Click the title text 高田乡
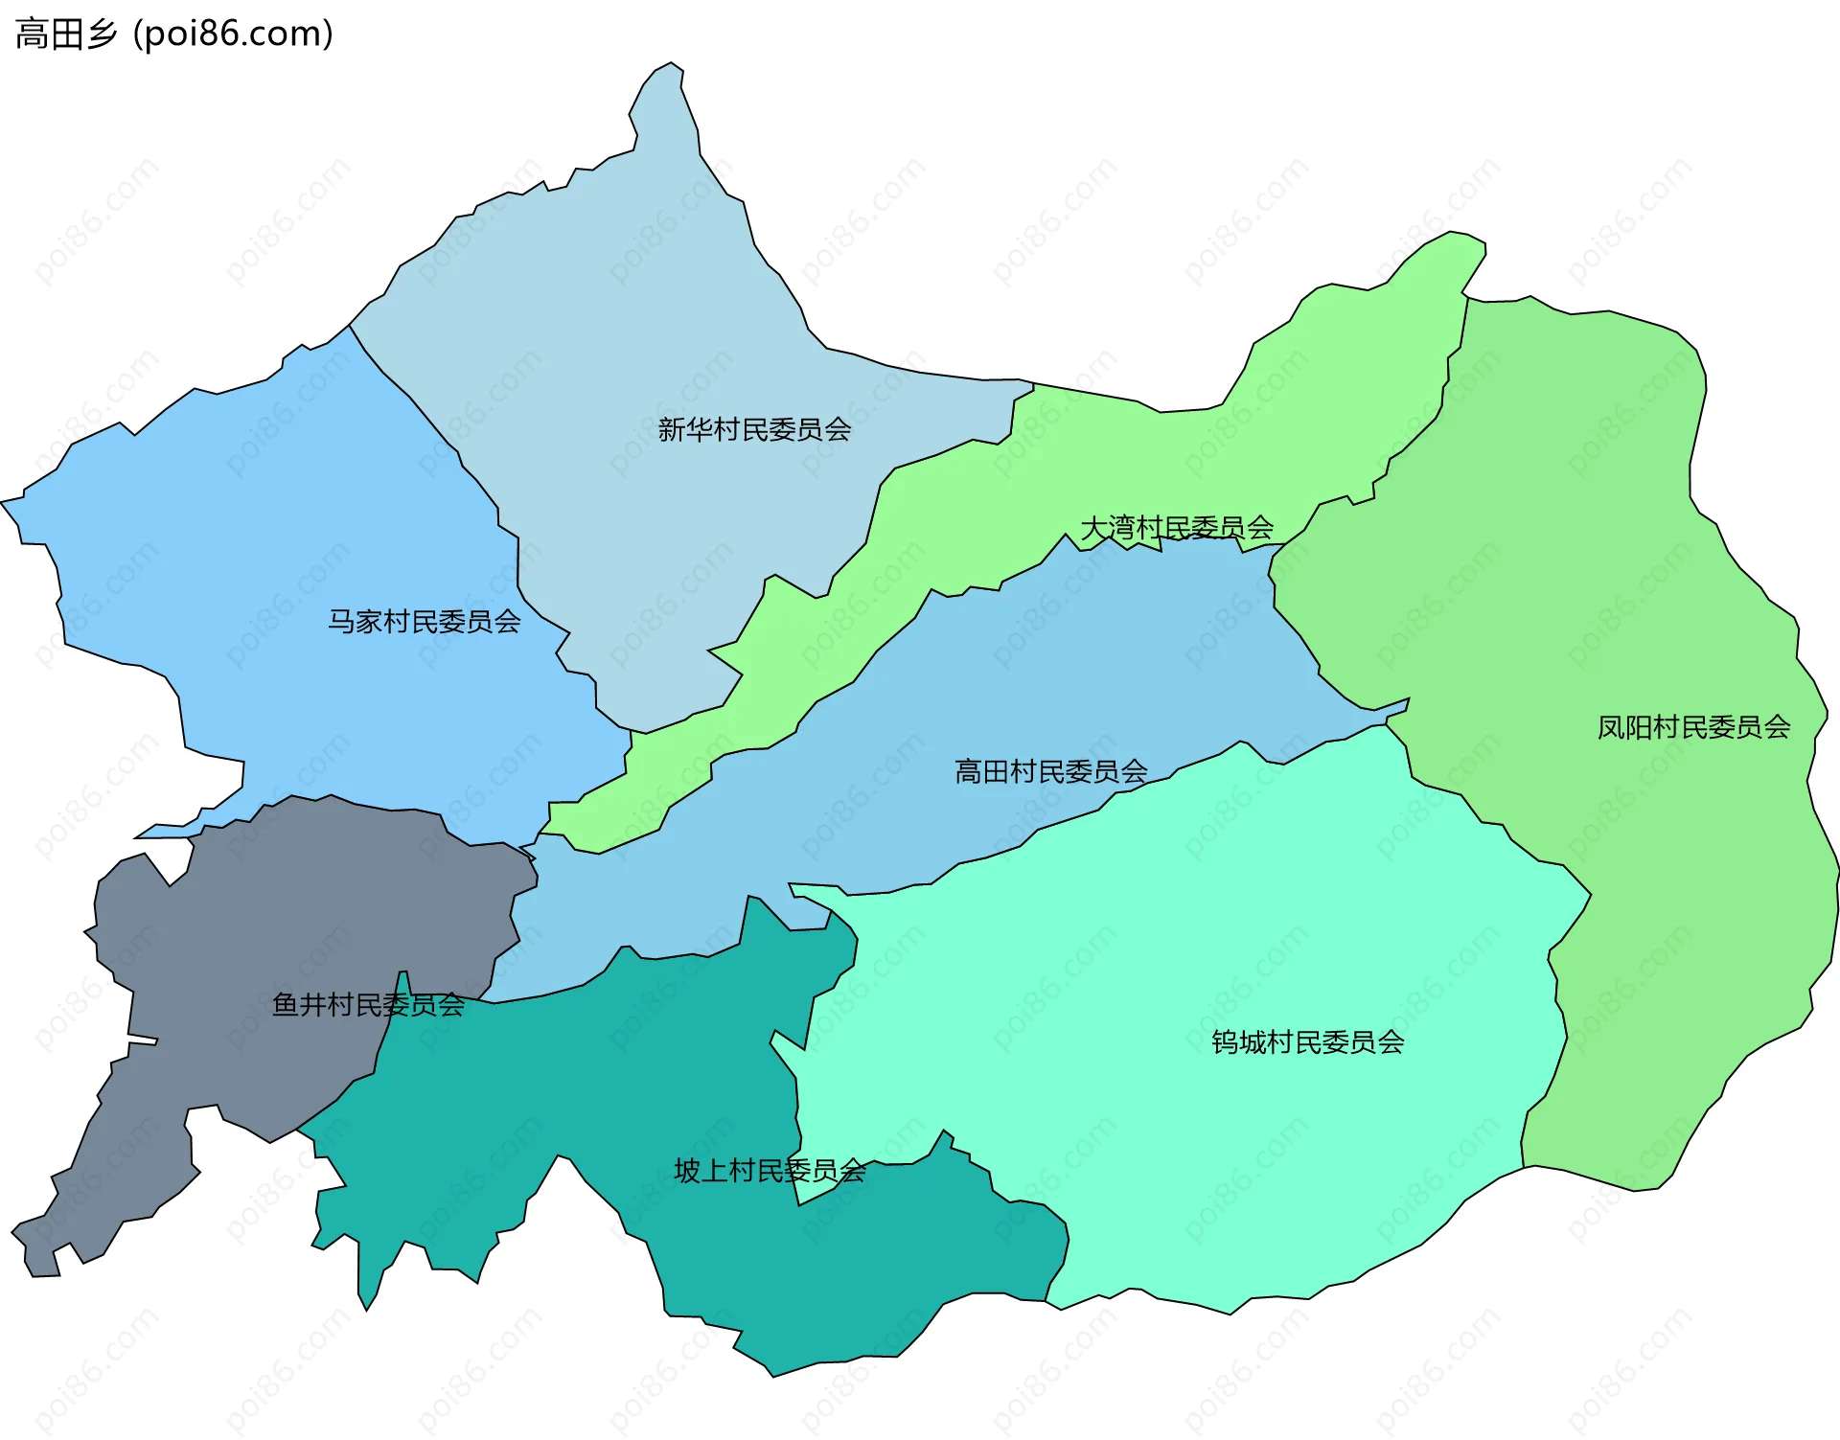tap(65, 34)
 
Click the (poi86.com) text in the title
tap(233, 34)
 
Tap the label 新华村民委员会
tap(754, 429)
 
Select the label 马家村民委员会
tap(425, 622)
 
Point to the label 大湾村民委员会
tap(1177, 528)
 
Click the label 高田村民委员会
tap(1051, 771)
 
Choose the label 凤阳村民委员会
tap(1693, 727)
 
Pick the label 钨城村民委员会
tap(1308, 1042)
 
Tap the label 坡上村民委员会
tap(770, 1171)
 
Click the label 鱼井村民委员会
tap(368, 1005)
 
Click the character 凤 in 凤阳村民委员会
tap(1611, 727)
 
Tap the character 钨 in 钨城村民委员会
tap(1225, 1042)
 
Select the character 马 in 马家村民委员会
tap(342, 622)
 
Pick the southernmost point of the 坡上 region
tap(772, 1373)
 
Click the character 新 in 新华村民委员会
tap(671, 429)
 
